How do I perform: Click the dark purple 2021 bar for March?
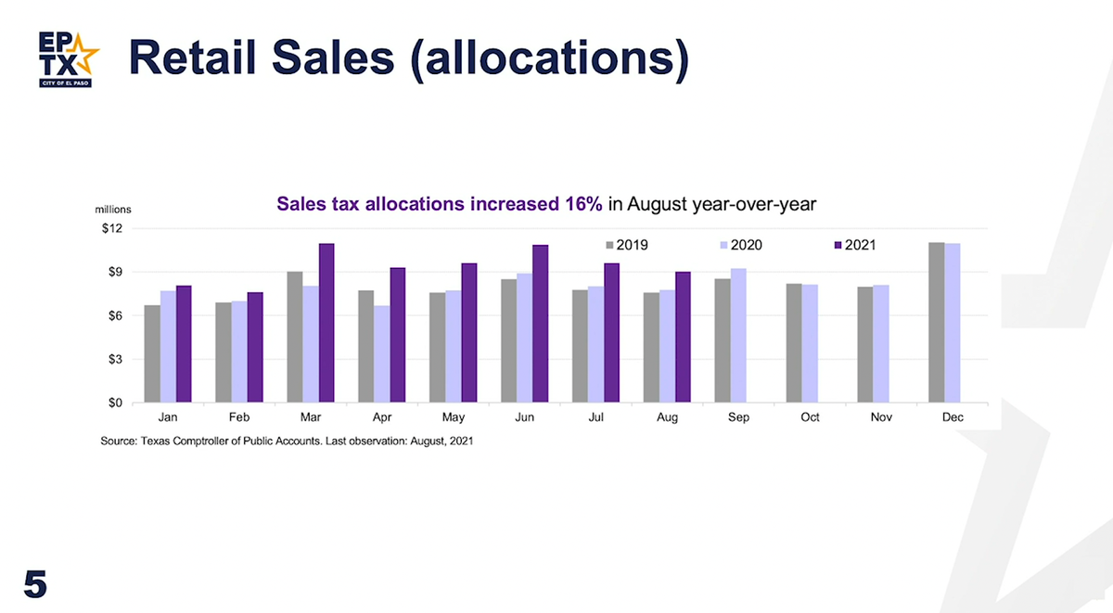(x=326, y=323)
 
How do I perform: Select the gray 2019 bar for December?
(x=937, y=323)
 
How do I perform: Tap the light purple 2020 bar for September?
(x=738, y=336)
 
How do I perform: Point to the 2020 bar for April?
(x=381, y=354)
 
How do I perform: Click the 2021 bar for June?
(x=540, y=324)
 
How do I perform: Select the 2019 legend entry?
(x=627, y=245)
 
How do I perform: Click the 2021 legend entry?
(x=854, y=245)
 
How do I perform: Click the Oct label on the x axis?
(x=810, y=417)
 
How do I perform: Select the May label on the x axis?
(x=454, y=417)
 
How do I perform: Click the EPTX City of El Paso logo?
(x=65, y=57)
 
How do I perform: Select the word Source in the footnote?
(x=120, y=441)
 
